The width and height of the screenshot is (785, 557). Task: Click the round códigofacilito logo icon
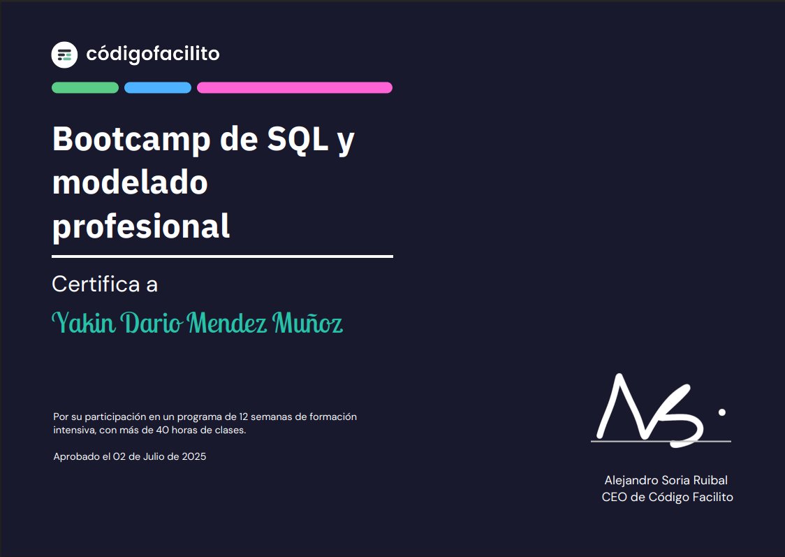(x=64, y=55)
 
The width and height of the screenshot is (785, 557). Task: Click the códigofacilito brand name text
(x=152, y=54)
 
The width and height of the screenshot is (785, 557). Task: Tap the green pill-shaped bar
(x=85, y=87)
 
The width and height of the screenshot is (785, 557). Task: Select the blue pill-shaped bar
(x=158, y=87)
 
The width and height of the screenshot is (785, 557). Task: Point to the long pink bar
(x=294, y=87)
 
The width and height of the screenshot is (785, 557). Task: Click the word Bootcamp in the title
(x=131, y=140)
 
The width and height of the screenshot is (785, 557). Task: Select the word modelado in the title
(x=130, y=182)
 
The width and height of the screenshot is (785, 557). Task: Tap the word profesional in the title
(x=141, y=226)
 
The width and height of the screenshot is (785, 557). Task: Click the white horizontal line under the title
(x=222, y=256)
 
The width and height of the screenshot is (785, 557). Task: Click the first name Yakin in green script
(x=84, y=323)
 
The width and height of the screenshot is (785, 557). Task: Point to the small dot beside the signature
(x=721, y=412)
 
